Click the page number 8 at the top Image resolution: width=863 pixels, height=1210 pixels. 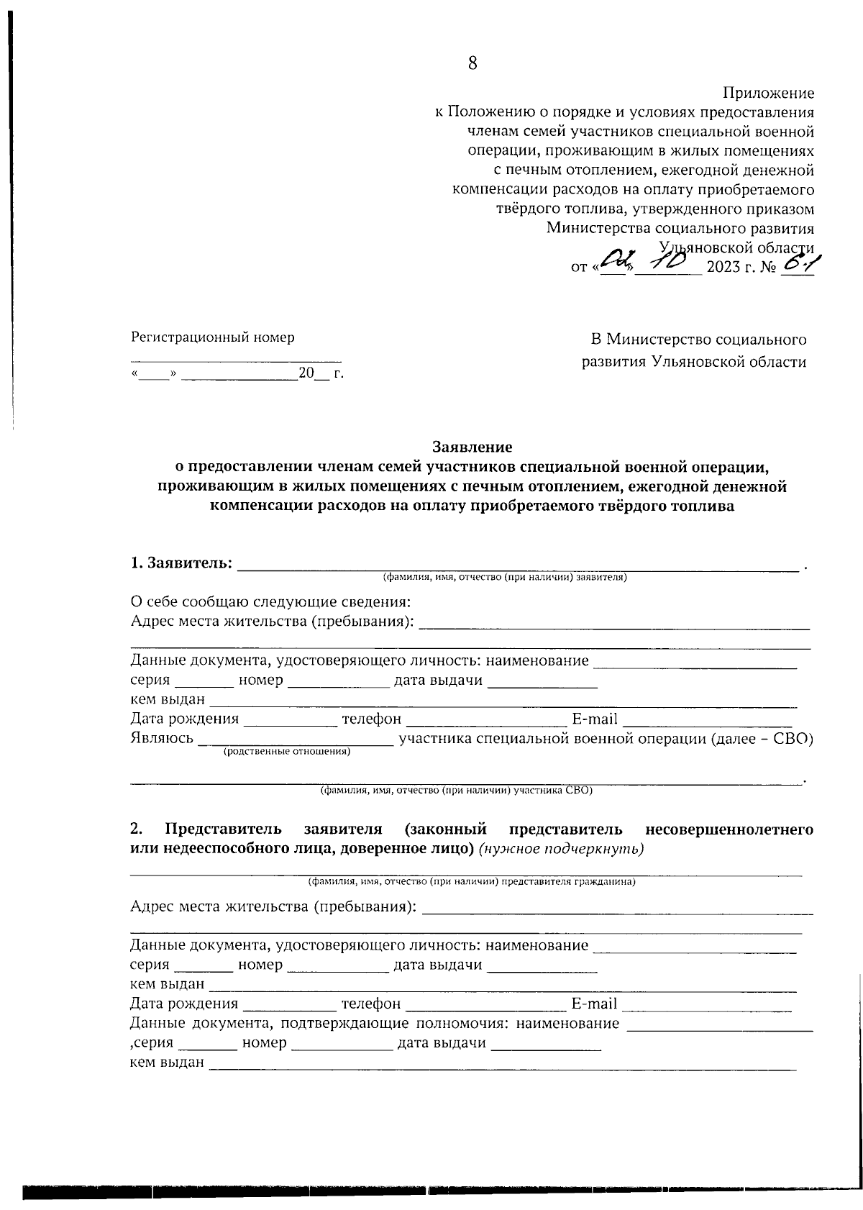click(472, 63)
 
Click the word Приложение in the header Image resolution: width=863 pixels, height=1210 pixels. click(768, 94)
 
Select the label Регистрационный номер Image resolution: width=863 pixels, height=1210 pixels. click(212, 337)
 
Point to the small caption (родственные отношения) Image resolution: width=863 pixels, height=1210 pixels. click(287, 752)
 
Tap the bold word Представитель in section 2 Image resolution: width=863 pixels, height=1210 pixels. click(223, 829)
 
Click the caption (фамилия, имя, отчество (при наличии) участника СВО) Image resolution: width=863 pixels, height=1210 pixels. click(456, 791)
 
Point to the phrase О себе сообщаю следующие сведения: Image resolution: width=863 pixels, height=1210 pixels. click(270, 602)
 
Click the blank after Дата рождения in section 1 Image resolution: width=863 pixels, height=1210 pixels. click(290, 719)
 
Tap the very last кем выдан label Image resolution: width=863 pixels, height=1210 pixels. click(167, 1063)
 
